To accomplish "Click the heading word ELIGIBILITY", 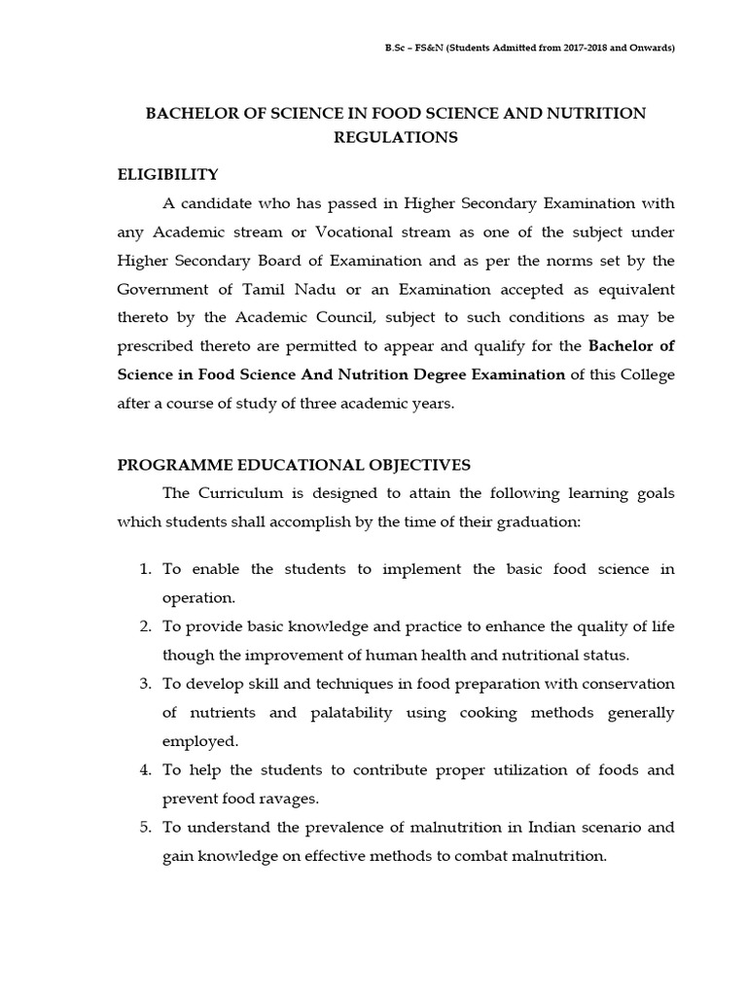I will (x=167, y=175).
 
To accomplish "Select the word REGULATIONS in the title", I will (x=395, y=138).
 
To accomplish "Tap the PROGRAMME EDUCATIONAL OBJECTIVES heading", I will (x=294, y=466).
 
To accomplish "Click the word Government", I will (x=165, y=290).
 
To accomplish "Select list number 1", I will (x=144, y=570).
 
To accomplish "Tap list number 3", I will (x=144, y=685).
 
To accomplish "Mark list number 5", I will (x=144, y=829).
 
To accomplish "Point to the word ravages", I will (x=285, y=800).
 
